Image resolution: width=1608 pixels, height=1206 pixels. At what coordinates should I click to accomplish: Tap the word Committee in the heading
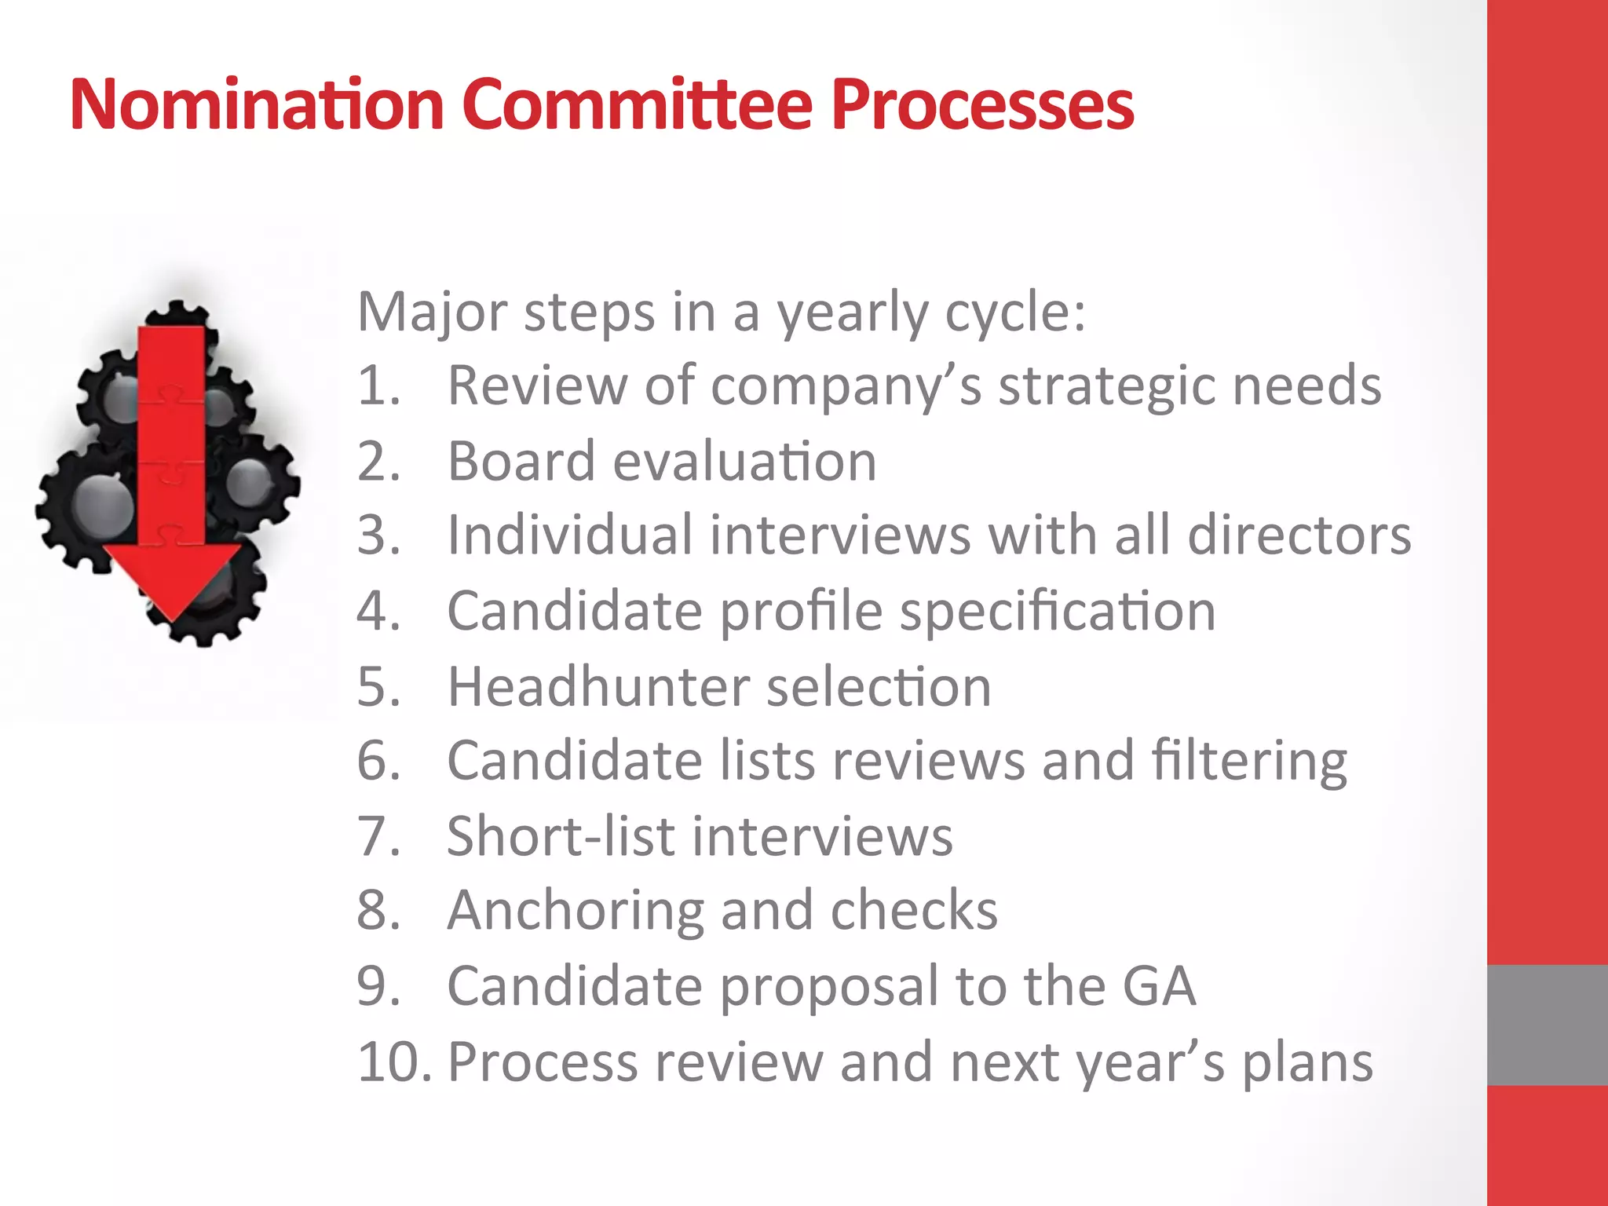[637, 104]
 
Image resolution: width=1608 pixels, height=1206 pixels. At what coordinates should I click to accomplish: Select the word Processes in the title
[982, 104]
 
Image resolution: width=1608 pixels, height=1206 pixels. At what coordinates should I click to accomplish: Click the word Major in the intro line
[433, 313]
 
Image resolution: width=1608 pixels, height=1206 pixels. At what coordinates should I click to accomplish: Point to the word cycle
[1014, 313]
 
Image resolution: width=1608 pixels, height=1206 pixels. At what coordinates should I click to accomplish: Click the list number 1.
[378, 386]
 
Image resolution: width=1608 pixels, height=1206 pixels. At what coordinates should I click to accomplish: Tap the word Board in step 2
[521, 461]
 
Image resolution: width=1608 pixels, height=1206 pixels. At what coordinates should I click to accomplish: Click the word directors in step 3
[1299, 535]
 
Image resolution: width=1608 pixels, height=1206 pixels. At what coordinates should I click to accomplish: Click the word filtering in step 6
[1249, 762]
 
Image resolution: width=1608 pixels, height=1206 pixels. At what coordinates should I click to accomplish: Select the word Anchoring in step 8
[575, 912]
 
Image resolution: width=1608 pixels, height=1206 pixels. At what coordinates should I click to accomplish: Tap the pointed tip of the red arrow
[173, 618]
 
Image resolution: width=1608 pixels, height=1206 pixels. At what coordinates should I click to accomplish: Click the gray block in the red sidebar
[1547, 1025]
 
